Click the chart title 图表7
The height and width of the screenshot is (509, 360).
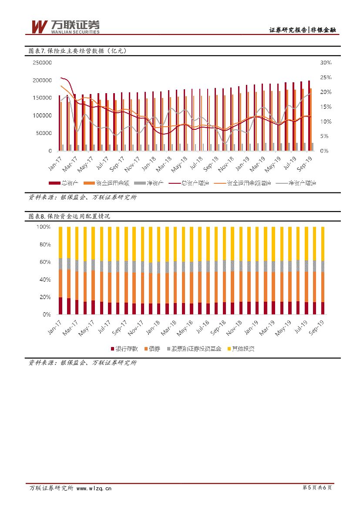pos(77,51)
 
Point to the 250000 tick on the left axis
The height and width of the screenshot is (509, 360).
pos(42,63)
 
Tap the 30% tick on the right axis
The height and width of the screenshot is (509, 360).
pos(326,63)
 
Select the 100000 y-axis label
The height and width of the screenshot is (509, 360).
pos(42,116)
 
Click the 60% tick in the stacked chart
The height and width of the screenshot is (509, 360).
pos(45,262)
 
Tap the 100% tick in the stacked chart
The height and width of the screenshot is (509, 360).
pos(44,227)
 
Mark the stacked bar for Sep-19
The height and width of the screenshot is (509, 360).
pos(323,270)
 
